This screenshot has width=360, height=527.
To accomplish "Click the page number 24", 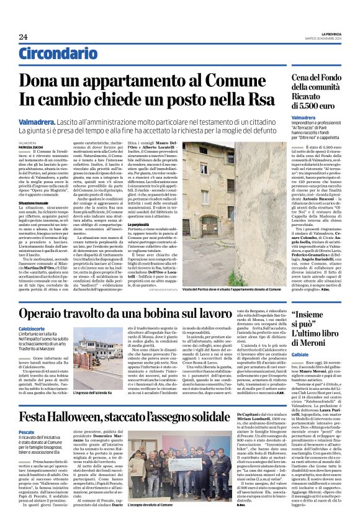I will pyautogui.click(x=24, y=37).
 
